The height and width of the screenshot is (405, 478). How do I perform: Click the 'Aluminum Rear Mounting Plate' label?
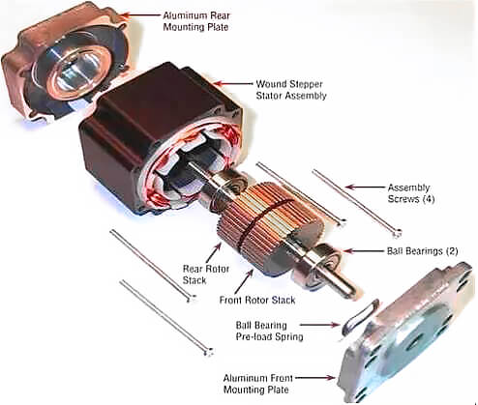point(196,21)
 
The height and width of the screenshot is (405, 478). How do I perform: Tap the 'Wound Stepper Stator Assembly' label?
point(291,90)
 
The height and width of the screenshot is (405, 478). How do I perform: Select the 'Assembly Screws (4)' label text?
point(411,193)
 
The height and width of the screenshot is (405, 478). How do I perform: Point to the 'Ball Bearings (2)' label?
point(422,251)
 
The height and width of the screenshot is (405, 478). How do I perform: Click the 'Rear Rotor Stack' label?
point(206,275)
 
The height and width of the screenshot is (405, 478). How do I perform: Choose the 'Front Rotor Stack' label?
point(257,301)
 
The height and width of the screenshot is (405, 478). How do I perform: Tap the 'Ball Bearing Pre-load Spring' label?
point(269,331)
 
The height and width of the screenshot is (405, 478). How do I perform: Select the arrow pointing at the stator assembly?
point(233,83)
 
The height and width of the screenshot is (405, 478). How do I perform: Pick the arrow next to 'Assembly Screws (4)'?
point(365,187)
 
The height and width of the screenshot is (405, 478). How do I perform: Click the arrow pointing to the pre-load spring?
point(319,325)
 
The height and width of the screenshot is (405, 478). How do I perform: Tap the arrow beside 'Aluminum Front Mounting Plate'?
point(314,378)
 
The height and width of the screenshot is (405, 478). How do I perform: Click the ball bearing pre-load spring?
point(360,317)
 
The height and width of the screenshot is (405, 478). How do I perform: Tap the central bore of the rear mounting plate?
point(77,72)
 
